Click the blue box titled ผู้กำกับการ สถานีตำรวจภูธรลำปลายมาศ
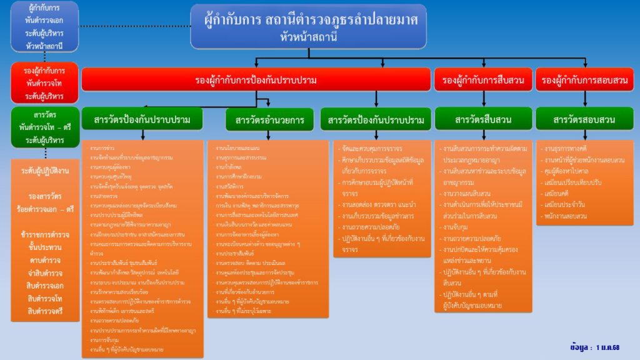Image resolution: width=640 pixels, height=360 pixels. [x=309, y=26]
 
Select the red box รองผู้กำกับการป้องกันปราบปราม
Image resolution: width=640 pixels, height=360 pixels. [x=256, y=79]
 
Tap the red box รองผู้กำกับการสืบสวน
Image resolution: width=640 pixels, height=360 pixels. [x=482, y=79]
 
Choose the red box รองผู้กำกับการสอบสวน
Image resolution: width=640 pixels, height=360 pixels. [x=584, y=79]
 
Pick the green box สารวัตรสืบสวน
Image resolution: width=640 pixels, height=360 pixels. [x=482, y=119]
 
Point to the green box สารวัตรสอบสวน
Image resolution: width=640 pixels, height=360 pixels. [x=584, y=119]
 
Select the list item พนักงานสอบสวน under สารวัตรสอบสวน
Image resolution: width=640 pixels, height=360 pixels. [x=566, y=216]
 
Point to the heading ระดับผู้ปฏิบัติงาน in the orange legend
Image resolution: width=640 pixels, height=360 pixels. [x=45, y=170]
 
